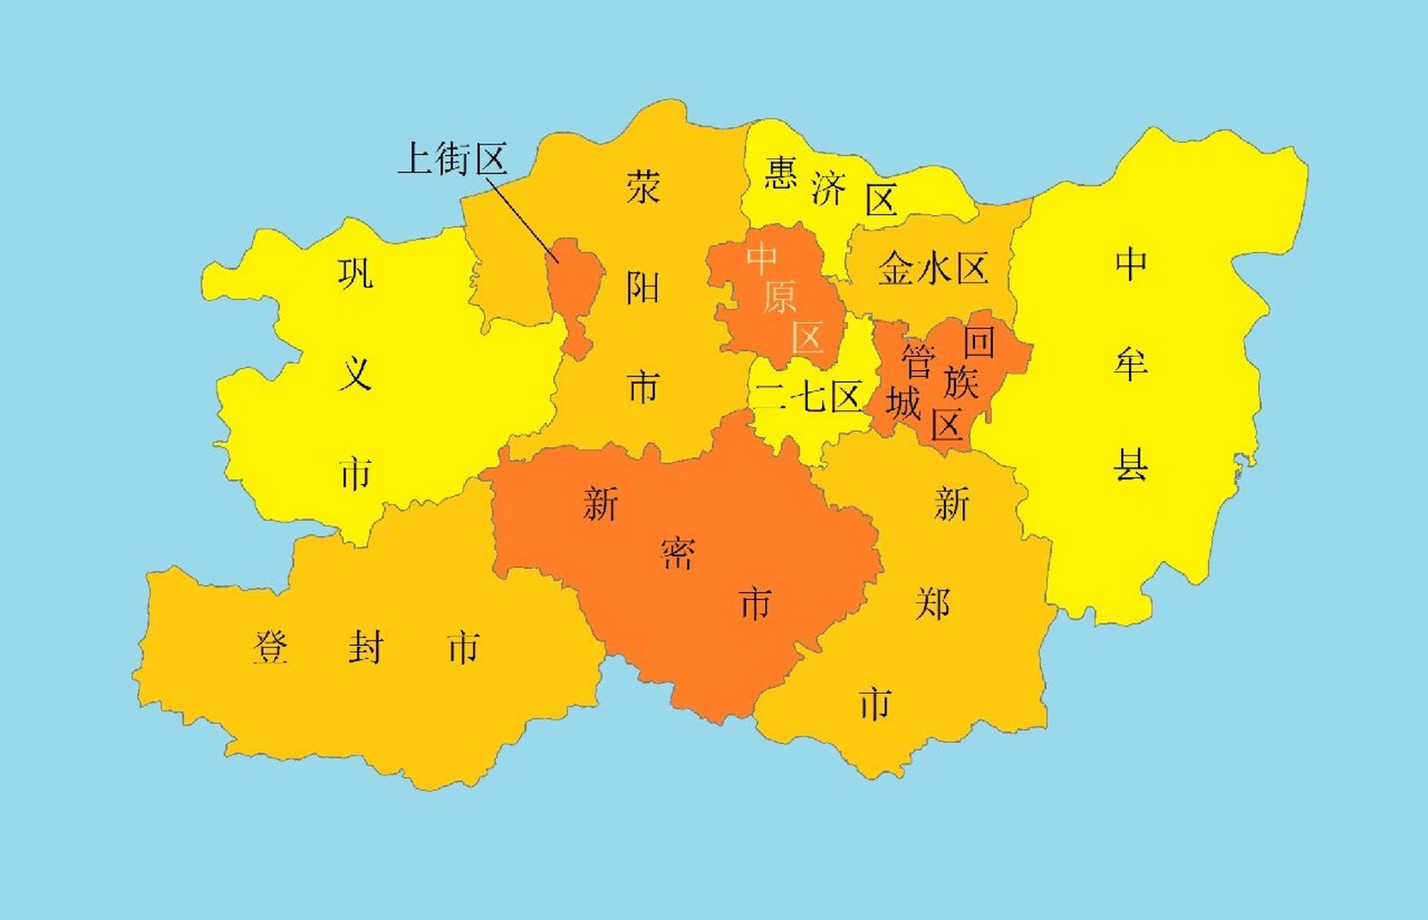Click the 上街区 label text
453,159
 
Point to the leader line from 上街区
521,216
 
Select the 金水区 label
933,269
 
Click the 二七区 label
808,396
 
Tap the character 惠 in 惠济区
780,172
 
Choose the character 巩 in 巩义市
355,273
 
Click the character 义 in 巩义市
355,374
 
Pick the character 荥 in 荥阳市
643,188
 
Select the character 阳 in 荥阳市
643,288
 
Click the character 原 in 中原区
779,297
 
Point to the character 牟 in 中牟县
1130,364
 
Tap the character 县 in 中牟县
1130,464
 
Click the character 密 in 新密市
677,553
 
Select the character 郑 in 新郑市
933,604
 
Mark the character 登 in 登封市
271,648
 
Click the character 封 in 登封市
365,648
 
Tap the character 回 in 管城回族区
979,342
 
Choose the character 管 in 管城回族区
918,361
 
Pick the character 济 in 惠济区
828,188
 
